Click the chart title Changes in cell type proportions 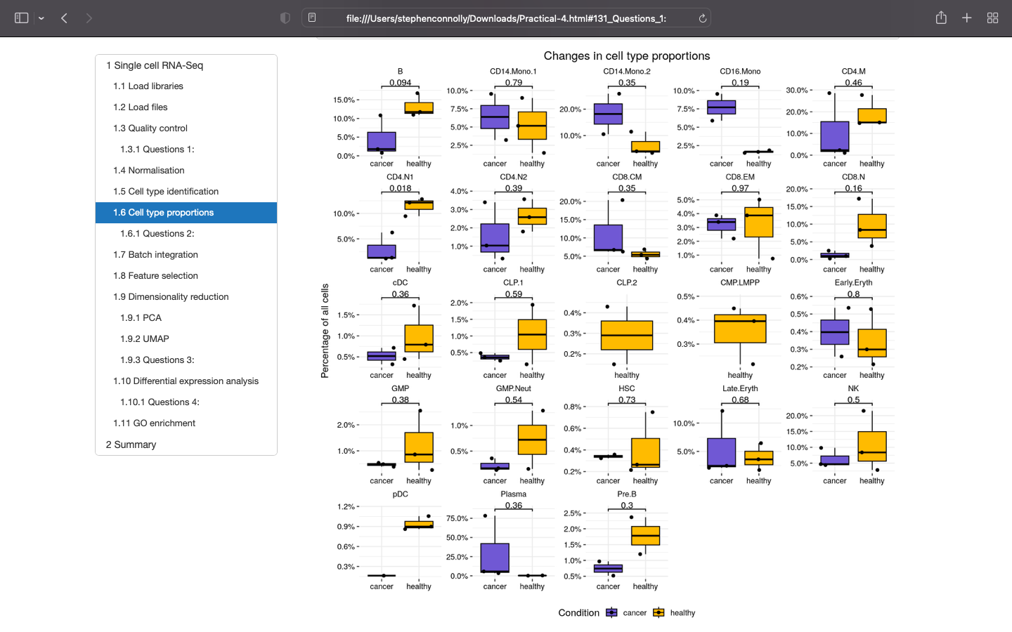coord(626,56)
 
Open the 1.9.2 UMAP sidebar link coord(144,339)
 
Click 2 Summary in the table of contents coord(131,445)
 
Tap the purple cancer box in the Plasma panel coord(495,558)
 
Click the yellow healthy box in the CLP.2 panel coord(627,335)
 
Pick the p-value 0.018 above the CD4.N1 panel coord(400,188)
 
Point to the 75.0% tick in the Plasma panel coord(458,518)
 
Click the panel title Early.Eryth coord(853,283)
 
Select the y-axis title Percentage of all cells coord(325,331)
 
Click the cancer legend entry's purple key coord(611,613)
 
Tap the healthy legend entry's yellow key coord(659,613)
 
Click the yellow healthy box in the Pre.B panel coord(645,535)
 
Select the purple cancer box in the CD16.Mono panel coord(721,107)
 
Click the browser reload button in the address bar coord(702,18)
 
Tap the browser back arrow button coord(64,18)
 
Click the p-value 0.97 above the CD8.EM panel coord(740,188)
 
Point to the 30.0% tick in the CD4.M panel coord(796,91)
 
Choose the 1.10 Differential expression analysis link coord(186,381)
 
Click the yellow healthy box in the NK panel coord(871,446)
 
